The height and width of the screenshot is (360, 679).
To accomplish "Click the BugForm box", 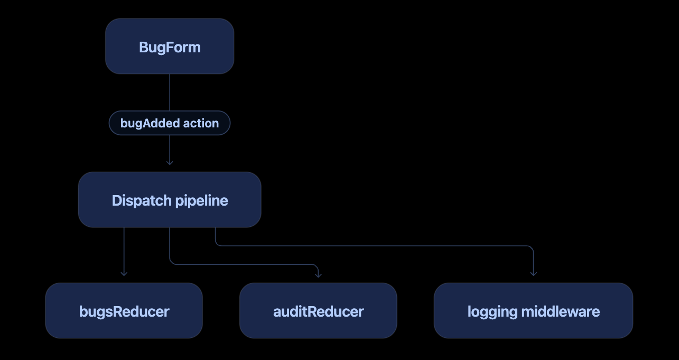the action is click(170, 46).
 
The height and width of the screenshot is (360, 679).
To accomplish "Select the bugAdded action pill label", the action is click(170, 123).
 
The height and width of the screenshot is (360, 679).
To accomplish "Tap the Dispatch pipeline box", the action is click(170, 200).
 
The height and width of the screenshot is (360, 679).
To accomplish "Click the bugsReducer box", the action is click(124, 310).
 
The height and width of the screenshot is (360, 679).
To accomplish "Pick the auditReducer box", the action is click(318, 310).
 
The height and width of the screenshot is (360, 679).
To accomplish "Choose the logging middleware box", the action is click(534, 310).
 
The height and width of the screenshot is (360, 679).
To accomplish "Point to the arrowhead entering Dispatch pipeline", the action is click(170, 163).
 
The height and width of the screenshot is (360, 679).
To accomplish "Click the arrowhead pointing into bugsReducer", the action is click(124, 274).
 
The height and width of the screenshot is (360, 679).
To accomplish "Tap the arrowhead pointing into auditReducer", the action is click(318, 275).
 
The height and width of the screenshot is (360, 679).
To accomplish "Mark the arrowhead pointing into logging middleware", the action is click(534, 274).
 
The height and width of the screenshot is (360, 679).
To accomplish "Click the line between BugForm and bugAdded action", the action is click(170, 93).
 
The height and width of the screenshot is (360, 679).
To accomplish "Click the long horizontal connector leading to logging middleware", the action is click(374, 246).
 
